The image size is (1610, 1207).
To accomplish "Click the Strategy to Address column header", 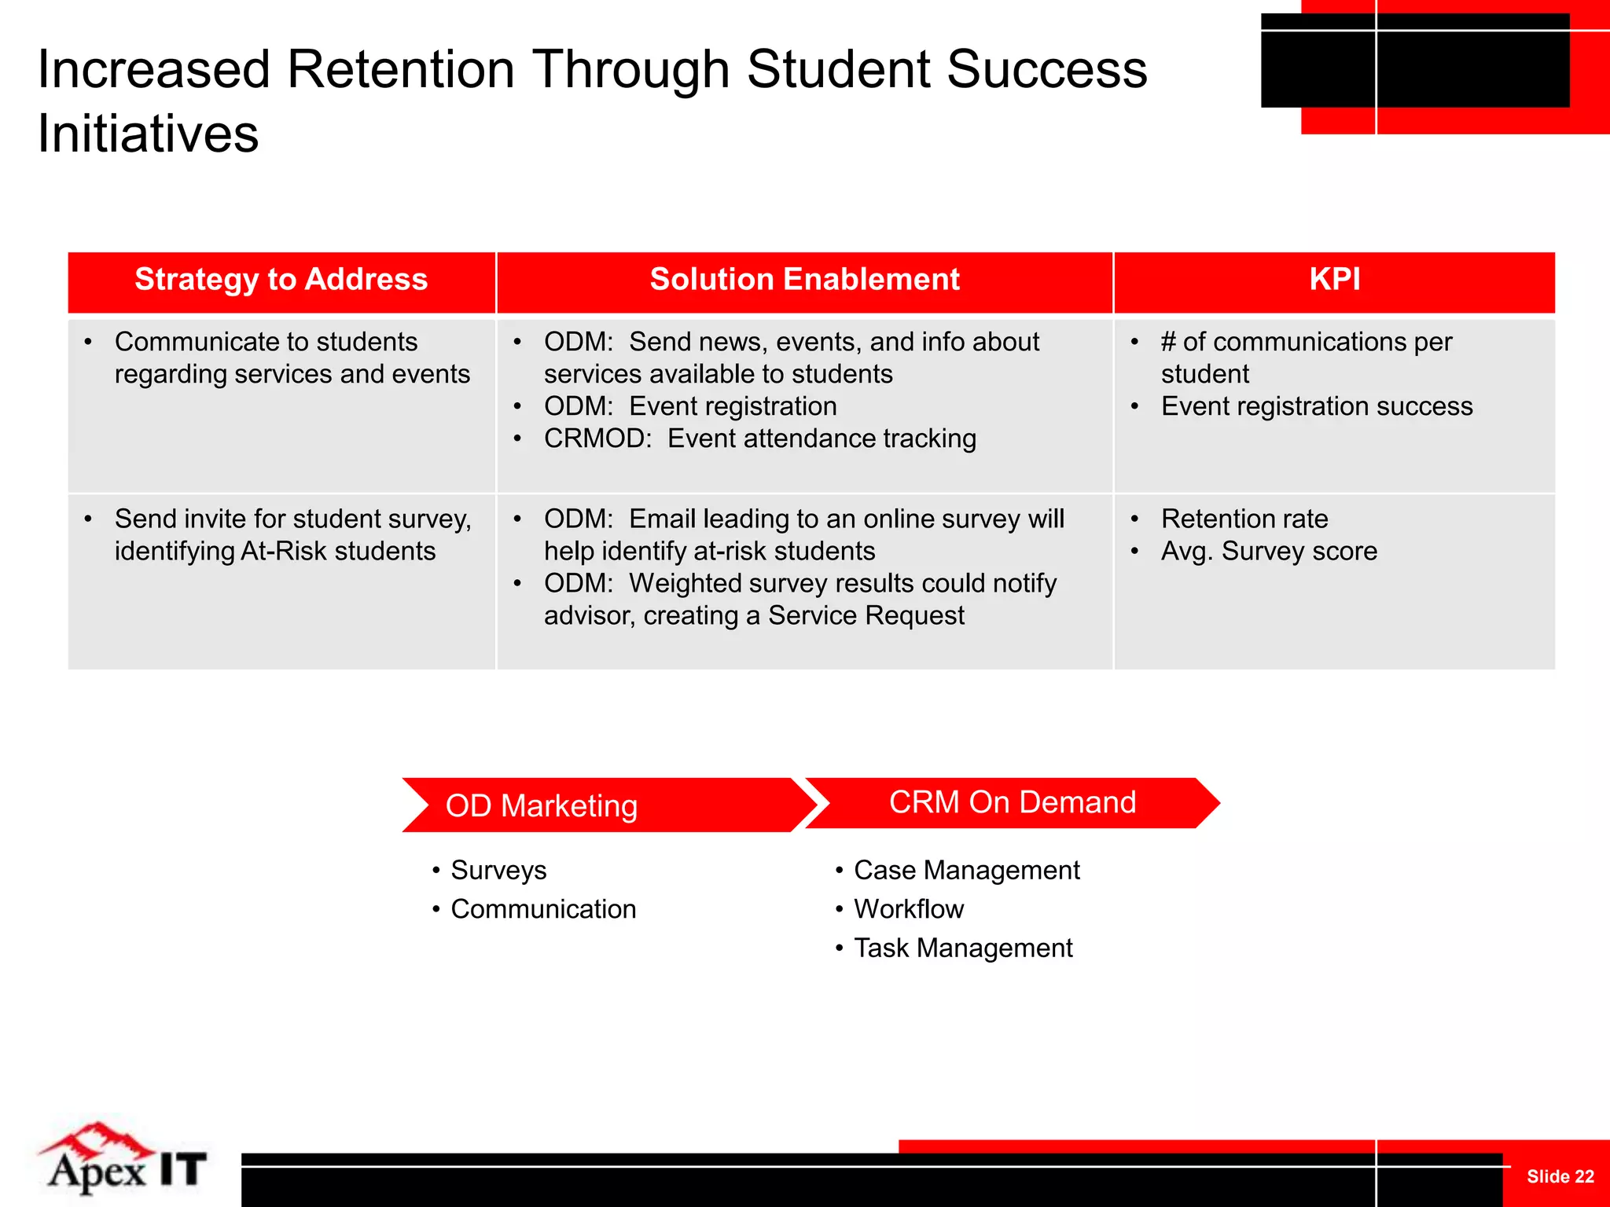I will pos(281,280).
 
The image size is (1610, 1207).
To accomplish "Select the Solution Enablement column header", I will pos(804,280).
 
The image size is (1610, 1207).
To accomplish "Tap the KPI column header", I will pos(1334,280).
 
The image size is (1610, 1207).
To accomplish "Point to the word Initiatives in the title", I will pos(148,134).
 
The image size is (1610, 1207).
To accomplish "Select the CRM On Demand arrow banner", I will pos(1012,802).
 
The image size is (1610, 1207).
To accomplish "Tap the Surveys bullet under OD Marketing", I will pos(498,871).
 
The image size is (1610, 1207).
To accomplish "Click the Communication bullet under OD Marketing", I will pos(542,909).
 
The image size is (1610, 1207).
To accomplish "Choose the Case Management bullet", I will pos(966,871).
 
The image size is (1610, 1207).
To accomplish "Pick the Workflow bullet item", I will pos(908,909).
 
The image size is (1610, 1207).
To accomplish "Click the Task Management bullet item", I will pos(962,948).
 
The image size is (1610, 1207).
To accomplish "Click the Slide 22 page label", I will pos(1560,1176).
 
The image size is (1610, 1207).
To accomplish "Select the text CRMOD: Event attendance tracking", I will pos(759,438).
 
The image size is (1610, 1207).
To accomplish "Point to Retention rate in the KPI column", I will pos(1244,519).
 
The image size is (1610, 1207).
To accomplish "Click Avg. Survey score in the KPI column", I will pos(1268,552).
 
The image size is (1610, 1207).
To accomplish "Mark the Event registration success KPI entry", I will pos(1316,406).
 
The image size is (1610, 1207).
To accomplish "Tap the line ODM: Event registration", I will pos(689,406).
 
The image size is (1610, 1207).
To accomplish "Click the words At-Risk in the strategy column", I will pos(284,552).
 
